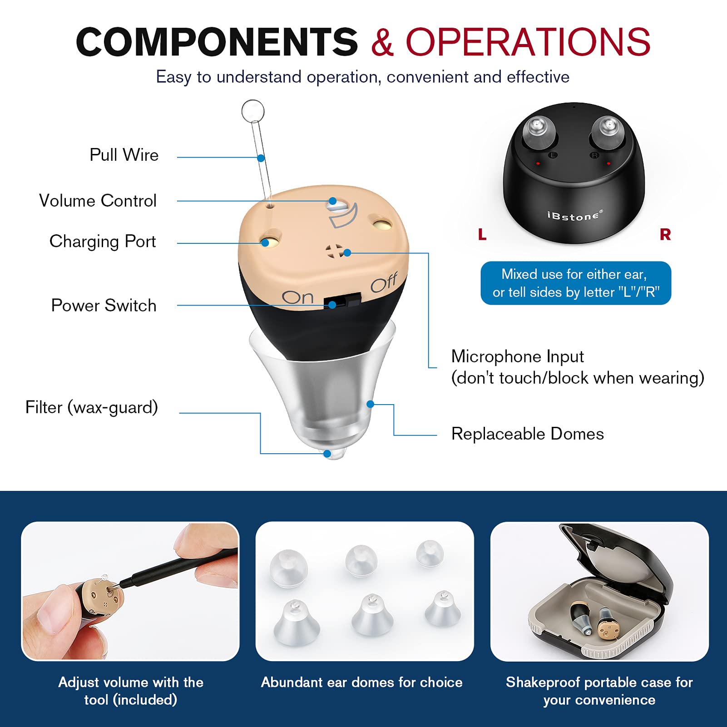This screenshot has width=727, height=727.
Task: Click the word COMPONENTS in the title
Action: point(217,42)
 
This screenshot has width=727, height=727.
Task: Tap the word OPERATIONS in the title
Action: point(528,42)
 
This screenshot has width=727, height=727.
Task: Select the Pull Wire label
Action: point(124,155)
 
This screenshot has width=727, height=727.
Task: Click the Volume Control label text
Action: point(98,201)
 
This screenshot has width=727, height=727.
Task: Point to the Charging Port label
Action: point(103,241)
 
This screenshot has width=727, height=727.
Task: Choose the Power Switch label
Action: point(104,305)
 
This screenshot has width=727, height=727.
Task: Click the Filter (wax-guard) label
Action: point(92,407)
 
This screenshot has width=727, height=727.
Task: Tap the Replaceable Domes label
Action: point(527,434)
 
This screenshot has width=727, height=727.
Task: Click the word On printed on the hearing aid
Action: point(297,297)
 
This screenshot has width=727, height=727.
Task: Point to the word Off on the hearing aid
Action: point(384,283)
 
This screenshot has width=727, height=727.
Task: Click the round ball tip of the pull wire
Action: point(253,111)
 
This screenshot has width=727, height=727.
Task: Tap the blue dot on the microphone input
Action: point(347,252)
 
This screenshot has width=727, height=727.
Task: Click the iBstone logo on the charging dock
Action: point(574,216)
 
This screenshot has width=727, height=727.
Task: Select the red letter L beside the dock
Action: point(482,235)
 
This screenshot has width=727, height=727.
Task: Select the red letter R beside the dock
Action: point(665,235)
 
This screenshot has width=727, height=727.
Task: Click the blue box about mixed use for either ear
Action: point(575,283)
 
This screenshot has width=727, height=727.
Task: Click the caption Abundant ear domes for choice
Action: point(361,682)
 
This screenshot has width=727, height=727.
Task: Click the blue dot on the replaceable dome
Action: point(371,404)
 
